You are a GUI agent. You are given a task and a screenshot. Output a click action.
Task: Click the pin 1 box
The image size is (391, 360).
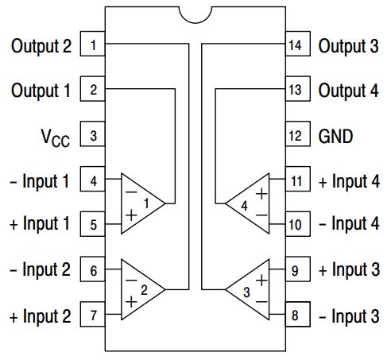[x=93, y=45]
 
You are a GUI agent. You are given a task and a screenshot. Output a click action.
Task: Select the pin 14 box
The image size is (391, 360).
[x=296, y=45]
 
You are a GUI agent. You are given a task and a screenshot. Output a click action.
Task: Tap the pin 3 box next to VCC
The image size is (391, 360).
[x=93, y=136]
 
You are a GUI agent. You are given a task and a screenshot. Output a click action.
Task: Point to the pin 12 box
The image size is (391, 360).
[x=296, y=136]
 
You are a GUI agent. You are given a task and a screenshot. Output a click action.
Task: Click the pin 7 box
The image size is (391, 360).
[x=93, y=316]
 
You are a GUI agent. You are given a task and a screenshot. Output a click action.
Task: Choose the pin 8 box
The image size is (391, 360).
[x=296, y=316]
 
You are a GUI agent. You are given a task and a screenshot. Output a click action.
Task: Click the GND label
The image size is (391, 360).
[x=335, y=136]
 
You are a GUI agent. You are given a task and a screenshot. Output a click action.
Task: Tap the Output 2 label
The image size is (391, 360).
[x=41, y=45]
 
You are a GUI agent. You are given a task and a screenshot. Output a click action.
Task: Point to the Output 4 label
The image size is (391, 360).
[x=348, y=91]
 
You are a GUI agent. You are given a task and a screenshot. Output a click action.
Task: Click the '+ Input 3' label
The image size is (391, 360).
[x=349, y=271]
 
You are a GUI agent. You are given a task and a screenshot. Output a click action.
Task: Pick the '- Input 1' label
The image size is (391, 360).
[x=41, y=181]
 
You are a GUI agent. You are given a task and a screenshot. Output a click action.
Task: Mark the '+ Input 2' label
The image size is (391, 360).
[x=41, y=316]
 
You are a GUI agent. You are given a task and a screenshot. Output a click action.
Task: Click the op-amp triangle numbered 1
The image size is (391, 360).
[x=140, y=203]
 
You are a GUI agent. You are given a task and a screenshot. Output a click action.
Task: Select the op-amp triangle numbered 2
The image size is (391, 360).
[x=140, y=288]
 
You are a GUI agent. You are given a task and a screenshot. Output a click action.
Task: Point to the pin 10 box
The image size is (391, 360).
[x=296, y=226]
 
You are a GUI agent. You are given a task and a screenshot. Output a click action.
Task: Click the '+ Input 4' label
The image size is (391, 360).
[x=349, y=181]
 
